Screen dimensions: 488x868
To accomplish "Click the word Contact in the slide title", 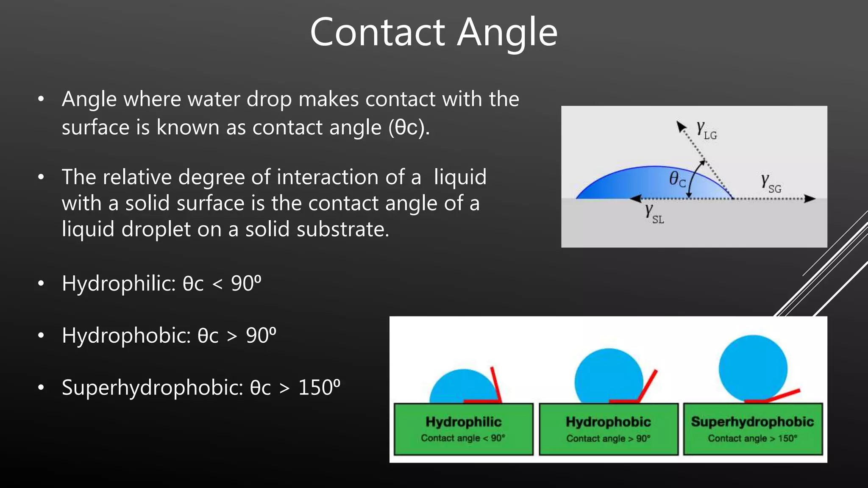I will (x=377, y=32).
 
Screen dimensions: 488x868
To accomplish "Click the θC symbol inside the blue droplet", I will (x=677, y=180).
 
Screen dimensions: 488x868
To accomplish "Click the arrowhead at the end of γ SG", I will (x=810, y=199).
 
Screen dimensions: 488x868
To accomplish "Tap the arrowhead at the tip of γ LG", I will (x=681, y=126).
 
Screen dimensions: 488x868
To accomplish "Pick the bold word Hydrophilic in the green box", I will (x=463, y=422).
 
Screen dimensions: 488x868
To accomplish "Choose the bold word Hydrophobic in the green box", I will (x=608, y=422).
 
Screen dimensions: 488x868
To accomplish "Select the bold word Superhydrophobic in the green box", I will (x=752, y=421).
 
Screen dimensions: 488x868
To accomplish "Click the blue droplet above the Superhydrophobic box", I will (x=753, y=368).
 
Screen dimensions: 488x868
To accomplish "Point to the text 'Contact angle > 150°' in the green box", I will (x=752, y=438).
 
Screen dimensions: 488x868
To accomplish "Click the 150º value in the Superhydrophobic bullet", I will (x=319, y=387).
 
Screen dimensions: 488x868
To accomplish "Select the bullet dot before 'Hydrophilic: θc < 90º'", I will (x=41, y=283).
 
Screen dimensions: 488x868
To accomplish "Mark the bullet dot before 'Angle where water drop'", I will (x=41, y=99).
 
